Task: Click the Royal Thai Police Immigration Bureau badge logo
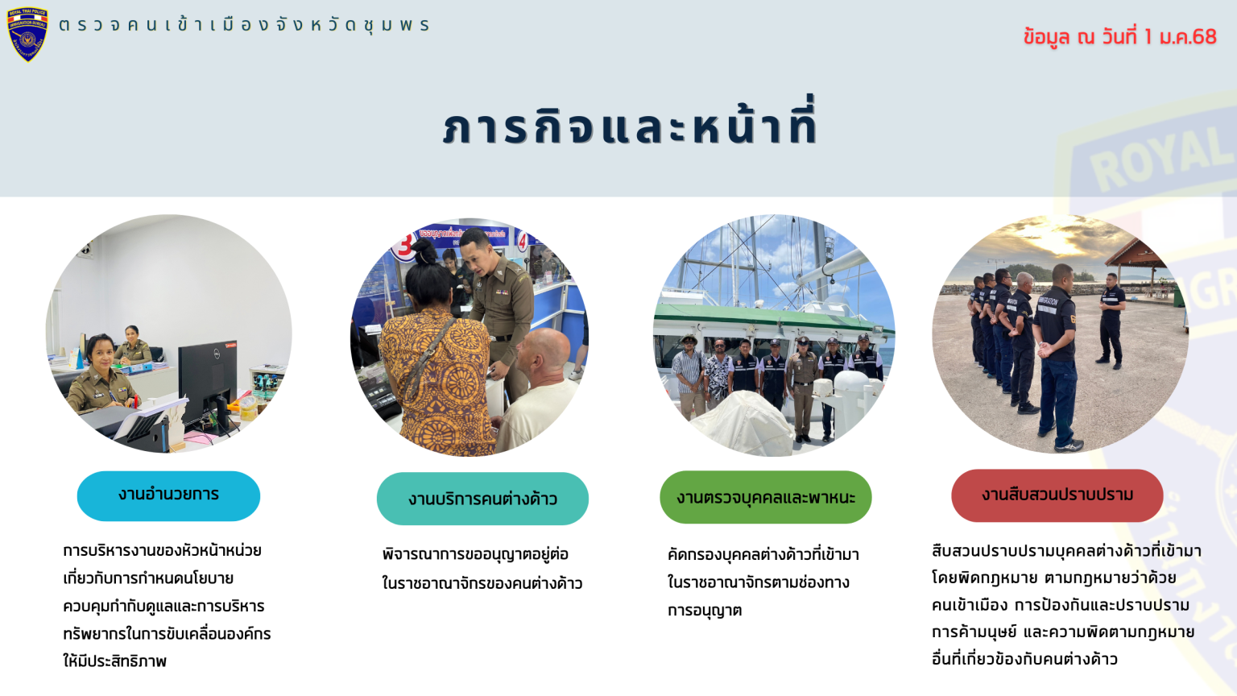pyautogui.click(x=27, y=35)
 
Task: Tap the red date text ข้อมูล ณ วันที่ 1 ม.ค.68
pyautogui.click(x=1120, y=37)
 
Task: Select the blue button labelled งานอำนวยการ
pyautogui.click(x=168, y=495)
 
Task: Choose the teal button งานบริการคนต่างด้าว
pyautogui.click(x=482, y=499)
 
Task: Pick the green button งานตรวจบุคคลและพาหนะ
pyautogui.click(x=765, y=497)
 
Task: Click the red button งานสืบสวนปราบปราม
pyautogui.click(x=1057, y=495)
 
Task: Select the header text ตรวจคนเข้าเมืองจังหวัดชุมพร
pyautogui.click(x=243, y=25)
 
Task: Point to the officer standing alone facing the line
pyautogui.click(x=1111, y=321)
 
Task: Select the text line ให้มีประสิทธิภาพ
pyautogui.click(x=115, y=661)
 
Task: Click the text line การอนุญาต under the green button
pyautogui.click(x=704, y=611)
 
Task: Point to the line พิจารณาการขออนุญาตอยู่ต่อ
pyautogui.click(x=475, y=554)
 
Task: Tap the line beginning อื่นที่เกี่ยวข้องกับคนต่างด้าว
pyautogui.click(x=1024, y=659)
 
